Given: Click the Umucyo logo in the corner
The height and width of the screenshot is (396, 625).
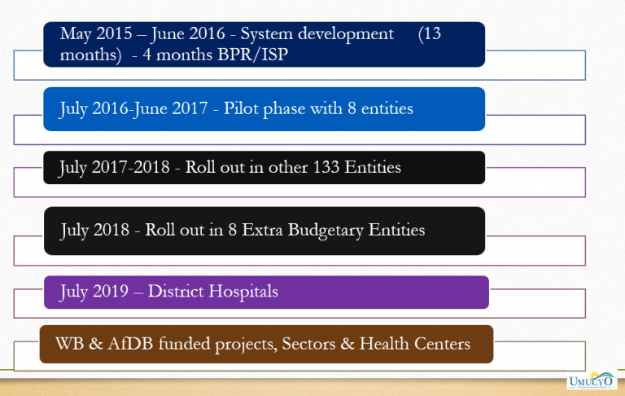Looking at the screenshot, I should click(x=593, y=381).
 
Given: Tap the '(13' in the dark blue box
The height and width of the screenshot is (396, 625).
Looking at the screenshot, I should click(x=430, y=35).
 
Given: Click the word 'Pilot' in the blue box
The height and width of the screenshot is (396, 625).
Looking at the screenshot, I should click(x=245, y=108).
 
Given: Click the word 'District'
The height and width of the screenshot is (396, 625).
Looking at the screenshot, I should click(x=176, y=291).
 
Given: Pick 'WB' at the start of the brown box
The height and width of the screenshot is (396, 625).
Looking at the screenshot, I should click(x=66, y=344).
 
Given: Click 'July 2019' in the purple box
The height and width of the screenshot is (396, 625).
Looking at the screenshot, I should click(x=92, y=291).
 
